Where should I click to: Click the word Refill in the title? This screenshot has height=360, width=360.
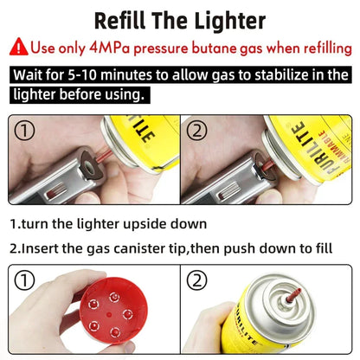pos(127,19)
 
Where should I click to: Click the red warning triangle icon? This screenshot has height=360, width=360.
pos(20,47)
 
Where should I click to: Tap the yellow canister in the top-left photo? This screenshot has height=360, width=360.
pos(144,138)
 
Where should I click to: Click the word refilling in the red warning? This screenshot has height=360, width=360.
pos(311,47)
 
